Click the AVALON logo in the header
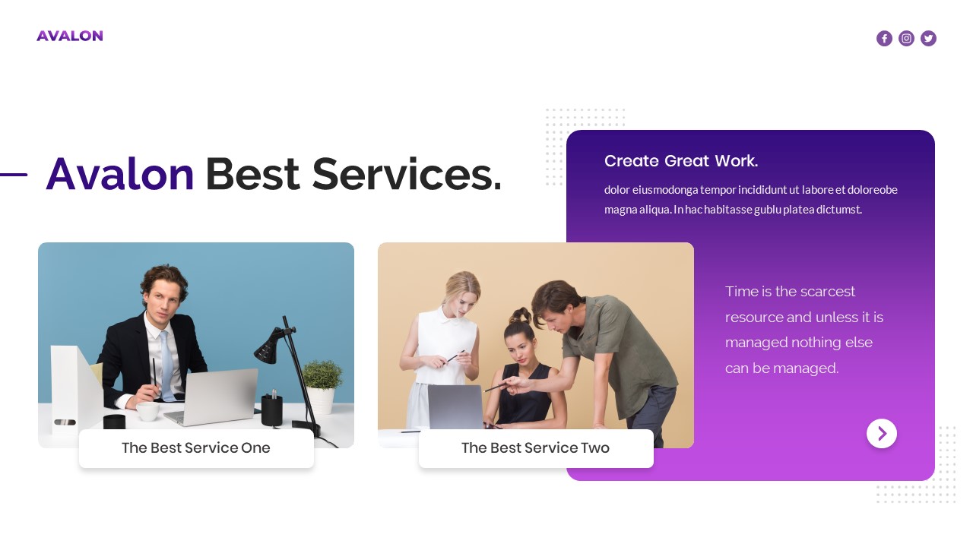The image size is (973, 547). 69,36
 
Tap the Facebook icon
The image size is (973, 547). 884,39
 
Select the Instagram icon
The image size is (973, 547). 906,39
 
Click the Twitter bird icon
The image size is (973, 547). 928,39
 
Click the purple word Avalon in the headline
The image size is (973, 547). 120,174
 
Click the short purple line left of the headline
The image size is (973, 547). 14,175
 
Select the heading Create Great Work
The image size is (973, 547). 680,161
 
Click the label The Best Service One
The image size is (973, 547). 196,448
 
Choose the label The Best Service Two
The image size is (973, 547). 535,448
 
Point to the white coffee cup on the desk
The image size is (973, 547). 147,411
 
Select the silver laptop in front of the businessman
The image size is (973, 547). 214,397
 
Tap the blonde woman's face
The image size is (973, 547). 467,292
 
